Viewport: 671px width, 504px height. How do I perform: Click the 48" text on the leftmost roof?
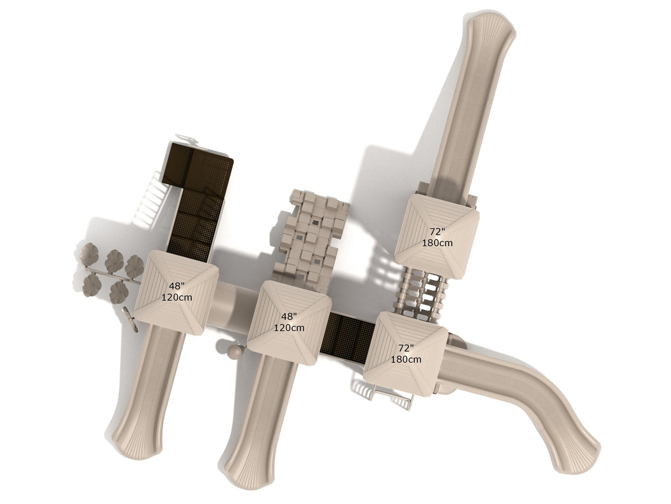(x=177, y=286)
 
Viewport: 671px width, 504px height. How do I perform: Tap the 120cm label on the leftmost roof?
(x=177, y=297)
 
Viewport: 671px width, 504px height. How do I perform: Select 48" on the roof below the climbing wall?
(x=289, y=317)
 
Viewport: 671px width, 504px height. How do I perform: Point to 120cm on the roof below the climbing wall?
(x=289, y=328)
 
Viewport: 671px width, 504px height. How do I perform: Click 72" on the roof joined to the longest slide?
(x=437, y=232)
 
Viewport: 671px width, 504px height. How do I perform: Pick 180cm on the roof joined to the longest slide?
(x=437, y=243)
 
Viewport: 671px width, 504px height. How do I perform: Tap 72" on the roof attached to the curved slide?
(x=406, y=348)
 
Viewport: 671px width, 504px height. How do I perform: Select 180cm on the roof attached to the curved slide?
(x=406, y=359)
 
